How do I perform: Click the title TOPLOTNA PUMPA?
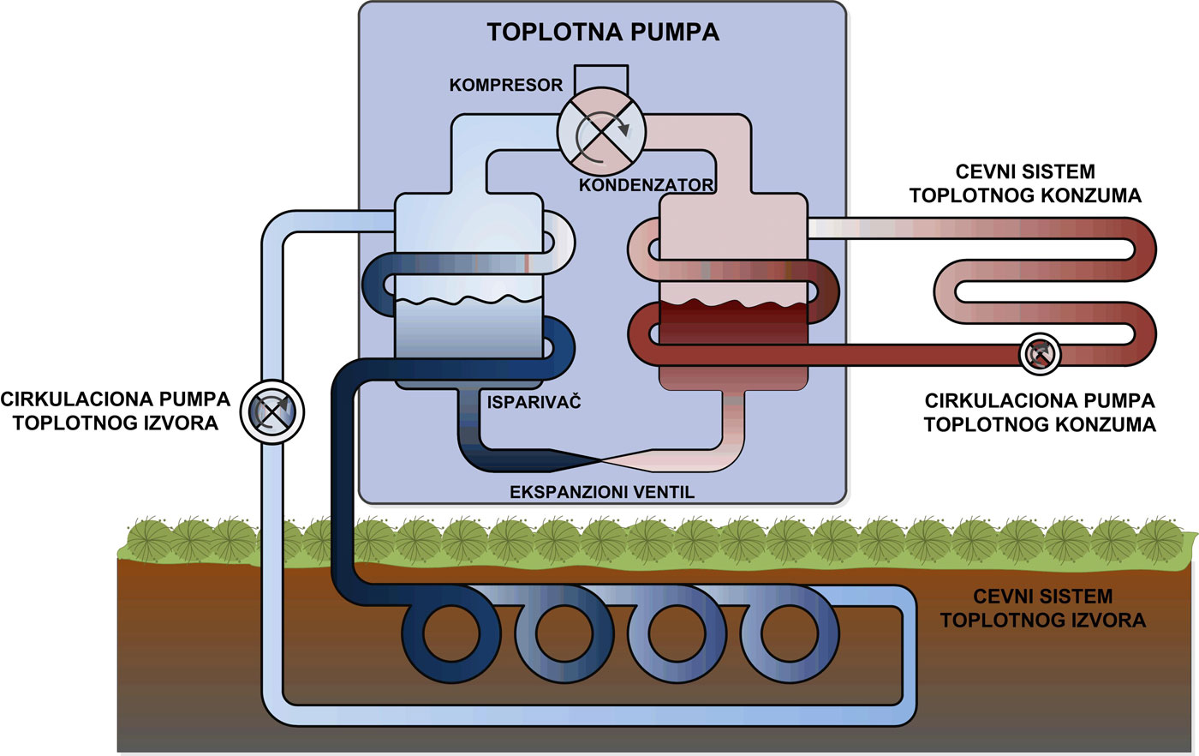603,33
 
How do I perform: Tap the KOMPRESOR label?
506,85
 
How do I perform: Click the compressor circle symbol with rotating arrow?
601,132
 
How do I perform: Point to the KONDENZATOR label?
646,184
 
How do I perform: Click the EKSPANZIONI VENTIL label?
602,492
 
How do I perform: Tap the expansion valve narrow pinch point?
600,460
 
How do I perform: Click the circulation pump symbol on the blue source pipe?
271,412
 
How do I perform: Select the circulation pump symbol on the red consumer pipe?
1041,353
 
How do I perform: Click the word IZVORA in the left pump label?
182,423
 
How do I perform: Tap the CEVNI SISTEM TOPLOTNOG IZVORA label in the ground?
1042,608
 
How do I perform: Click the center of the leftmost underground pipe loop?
451,635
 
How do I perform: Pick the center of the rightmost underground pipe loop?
789,633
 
